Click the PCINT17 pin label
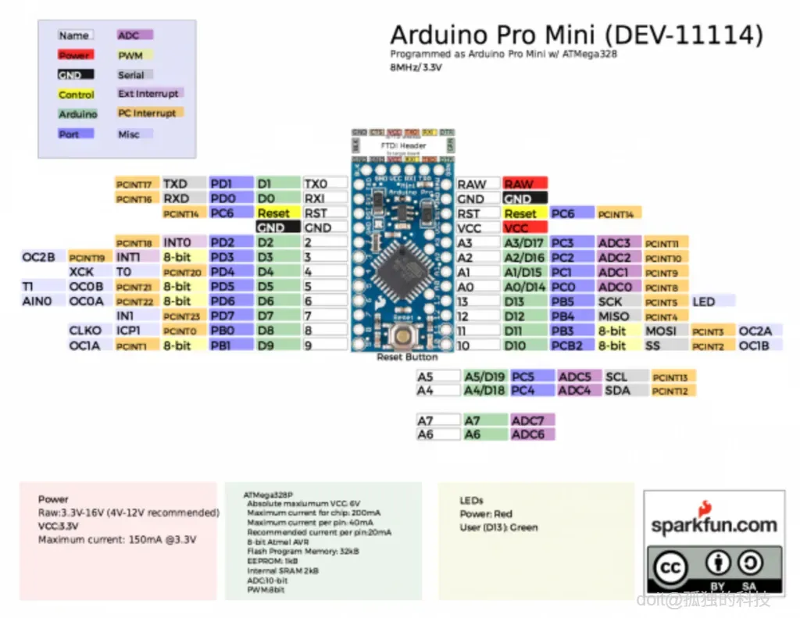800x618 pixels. (x=137, y=184)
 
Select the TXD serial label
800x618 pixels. (x=175, y=184)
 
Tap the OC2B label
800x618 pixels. (x=38, y=257)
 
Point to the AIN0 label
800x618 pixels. (x=37, y=301)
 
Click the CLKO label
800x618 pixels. (x=85, y=330)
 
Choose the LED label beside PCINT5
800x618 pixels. (x=703, y=302)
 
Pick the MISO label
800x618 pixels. (x=614, y=316)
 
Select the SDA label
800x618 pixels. (x=617, y=391)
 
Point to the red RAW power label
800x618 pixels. (x=519, y=184)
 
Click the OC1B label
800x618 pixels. (x=754, y=345)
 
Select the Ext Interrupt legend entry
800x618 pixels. (x=148, y=94)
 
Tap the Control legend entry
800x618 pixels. (x=77, y=95)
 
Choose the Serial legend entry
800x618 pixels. (x=131, y=75)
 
